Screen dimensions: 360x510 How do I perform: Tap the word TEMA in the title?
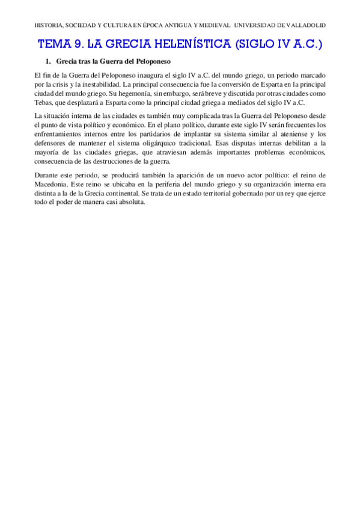(x=53, y=45)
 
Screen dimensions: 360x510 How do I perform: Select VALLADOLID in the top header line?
(x=303, y=26)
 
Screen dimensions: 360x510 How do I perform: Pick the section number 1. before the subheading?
(x=49, y=61)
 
